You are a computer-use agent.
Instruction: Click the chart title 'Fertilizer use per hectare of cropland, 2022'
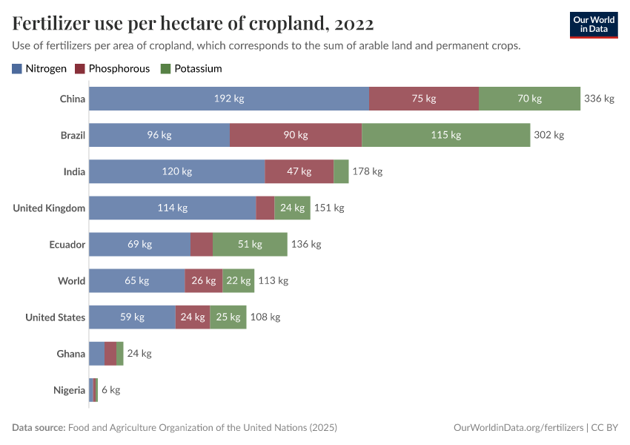193,24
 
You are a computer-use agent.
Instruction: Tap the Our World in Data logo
594,24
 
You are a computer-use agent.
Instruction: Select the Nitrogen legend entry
39,68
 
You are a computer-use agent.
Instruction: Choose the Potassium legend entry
190,68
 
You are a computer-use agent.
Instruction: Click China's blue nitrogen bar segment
229,99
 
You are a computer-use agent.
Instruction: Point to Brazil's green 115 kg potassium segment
445,135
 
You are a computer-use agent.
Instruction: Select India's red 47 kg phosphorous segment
299,171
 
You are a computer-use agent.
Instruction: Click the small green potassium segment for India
341,171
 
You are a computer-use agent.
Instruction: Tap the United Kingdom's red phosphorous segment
265,208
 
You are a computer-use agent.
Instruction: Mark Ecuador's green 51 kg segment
250,244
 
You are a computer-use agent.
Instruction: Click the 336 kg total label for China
600,99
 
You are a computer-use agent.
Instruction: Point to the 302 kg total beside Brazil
549,135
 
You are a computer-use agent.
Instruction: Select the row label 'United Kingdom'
49,208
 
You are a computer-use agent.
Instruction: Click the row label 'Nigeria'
69,390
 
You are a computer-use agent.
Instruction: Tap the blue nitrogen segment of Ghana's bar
96,354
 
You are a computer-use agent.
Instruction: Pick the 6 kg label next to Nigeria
110,390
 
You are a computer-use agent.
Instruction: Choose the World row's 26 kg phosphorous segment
203,280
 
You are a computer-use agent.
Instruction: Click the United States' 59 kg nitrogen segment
132,317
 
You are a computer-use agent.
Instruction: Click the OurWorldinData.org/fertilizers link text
517,428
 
